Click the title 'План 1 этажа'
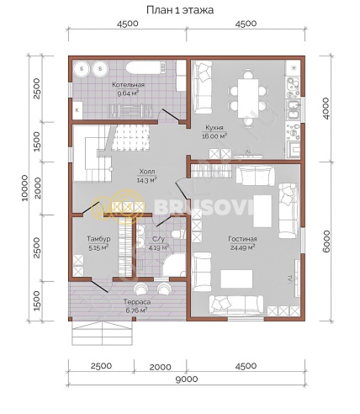click(x=180, y=10)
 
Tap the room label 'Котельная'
click(x=129, y=85)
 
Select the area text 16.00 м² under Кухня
click(x=214, y=136)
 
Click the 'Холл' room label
click(x=147, y=172)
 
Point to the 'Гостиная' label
click(x=242, y=239)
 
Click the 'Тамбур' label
click(x=98, y=239)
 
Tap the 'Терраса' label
click(x=137, y=302)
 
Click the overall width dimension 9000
click(x=187, y=379)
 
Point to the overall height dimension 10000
click(x=24, y=188)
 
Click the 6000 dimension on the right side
click(x=326, y=241)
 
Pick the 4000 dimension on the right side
click(x=326, y=109)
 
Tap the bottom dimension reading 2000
click(x=160, y=367)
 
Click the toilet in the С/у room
click(x=177, y=234)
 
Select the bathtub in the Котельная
click(x=146, y=67)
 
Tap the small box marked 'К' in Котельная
click(x=77, y=109)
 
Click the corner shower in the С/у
click(x=174, y=265)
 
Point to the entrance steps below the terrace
click(x=102, y=333)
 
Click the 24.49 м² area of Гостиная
click(x=242, y=247)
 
